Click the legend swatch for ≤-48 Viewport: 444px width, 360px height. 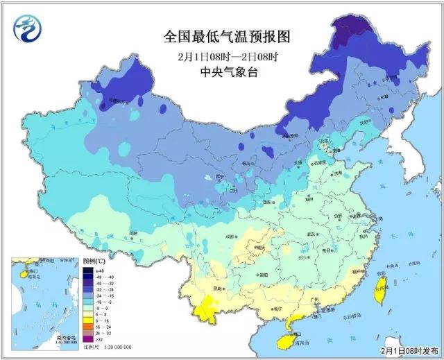(x=89, y=271)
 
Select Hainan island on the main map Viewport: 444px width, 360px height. (x=284, y=341)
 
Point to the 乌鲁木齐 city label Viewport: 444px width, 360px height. (x=118, y=101)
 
